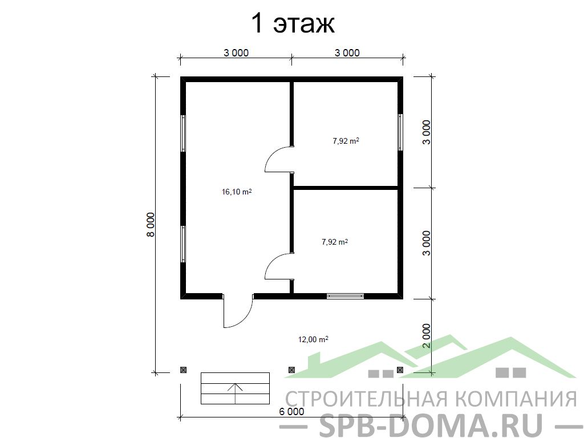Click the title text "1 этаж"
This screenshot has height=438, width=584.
click(x=293, y=24)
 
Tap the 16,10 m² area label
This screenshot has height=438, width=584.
click(x=237, y=192)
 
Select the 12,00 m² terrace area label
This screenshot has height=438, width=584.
click(x=313, y=339)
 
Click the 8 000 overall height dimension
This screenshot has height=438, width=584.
click(x=151, y=225)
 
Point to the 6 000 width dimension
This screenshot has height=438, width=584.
click(x=291, y=412)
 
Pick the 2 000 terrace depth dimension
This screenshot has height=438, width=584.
click(x=427, y=336)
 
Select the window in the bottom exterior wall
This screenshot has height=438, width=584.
click(x=345, y=296)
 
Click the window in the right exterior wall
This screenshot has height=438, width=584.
click(x=400, y=132)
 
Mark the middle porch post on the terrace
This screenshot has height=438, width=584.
click(x=291, y=370)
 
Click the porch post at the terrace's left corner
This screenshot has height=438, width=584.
click(x=183, y=370)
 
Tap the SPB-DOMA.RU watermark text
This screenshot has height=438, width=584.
click(x=432, y=424)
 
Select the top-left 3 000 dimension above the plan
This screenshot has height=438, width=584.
click(x=236, y=53)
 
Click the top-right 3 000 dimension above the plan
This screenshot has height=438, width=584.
click(x=347, y=53)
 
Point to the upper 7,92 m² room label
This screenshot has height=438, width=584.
click(x=346, y=141)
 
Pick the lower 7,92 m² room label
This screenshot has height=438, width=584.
click(x=335, y=242)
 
